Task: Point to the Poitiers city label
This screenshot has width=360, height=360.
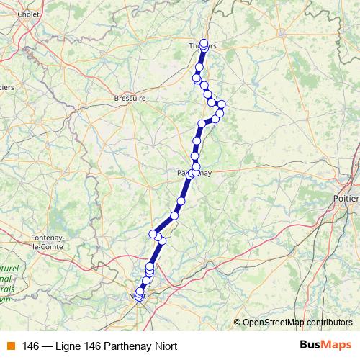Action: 348,196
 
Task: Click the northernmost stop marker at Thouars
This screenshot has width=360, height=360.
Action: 204,42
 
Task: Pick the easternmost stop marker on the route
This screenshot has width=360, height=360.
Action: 222,104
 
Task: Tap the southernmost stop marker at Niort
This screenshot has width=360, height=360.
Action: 138,296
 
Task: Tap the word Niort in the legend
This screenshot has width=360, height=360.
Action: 166,346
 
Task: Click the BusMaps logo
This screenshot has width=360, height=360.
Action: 325,345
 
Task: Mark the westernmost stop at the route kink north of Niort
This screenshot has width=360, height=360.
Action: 153,233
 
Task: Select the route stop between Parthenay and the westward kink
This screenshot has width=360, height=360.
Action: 181,202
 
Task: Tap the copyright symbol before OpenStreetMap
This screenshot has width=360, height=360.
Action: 238,322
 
